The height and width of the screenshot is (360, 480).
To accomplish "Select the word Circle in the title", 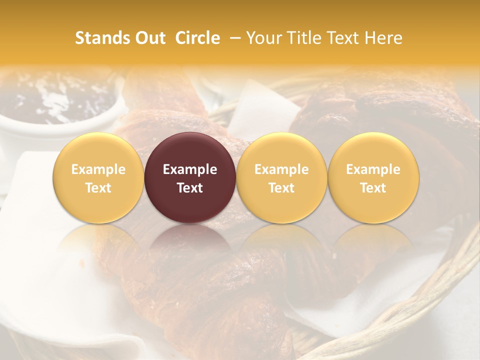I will pyautogui.click(x=197, y=38).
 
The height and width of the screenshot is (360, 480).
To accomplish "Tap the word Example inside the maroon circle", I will pyautogui.click(x=190, y=169).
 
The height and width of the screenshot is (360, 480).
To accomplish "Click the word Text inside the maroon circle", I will pyautogui.click(x=190, y=188).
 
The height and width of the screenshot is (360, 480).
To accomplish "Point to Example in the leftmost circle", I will pyautogui.click(x=98, y=169).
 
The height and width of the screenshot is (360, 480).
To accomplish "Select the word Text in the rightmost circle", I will pyautogui.click(x=373, y=188).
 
